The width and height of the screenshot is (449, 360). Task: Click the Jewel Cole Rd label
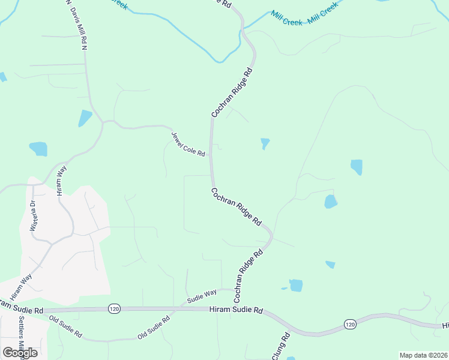pos(188,145)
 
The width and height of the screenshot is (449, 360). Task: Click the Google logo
pos(20,353)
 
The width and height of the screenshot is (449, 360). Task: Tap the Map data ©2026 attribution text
pos(423,355)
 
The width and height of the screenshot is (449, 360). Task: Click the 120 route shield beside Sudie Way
pos(113,308)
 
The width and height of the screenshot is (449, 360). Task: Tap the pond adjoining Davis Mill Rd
pos(85,118)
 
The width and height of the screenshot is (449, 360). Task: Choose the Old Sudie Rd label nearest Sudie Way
pos(154,327)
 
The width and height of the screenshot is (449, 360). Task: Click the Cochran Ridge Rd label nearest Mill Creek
pos(233,92)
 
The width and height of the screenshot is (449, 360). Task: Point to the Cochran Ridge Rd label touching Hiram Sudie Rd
pos(248,277)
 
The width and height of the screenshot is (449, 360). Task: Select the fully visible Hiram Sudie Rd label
pos(237,310)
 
